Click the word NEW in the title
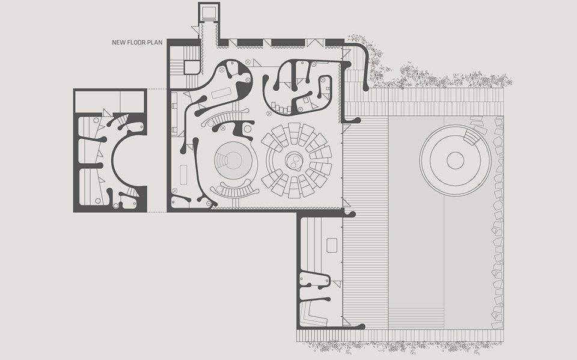click(118, 42)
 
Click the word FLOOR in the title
click(136, 42)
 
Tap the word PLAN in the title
click(155, 42)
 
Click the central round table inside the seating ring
click(294, 160)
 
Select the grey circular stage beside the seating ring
click(235, 160)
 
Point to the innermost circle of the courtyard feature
click(455, 160)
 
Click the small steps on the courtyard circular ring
click(472, 138)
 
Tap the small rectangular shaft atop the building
click(209, 12)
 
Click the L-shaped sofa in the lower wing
click(314, 314)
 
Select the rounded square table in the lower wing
click(332, 245)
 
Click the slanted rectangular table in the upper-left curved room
click(221, 93)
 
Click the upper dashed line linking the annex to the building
click(157, 89)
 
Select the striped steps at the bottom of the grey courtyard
click(416, 319)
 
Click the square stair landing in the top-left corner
click(191, 67)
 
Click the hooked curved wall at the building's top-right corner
click(364, 63)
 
